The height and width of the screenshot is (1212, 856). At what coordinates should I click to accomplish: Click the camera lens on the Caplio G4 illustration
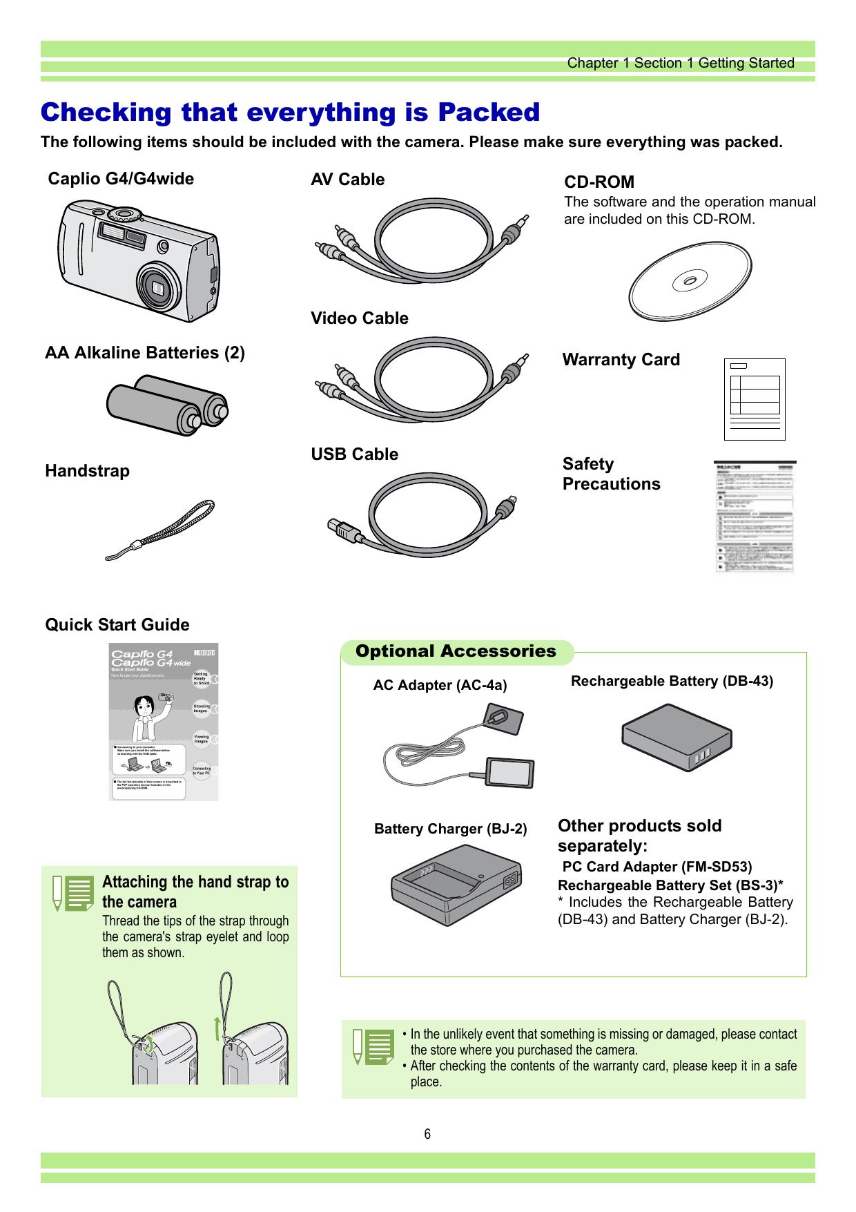pyautogui.click(x=158, y=285)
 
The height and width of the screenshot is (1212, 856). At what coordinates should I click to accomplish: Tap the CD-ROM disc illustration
pyautogui.click(x=690, y=281)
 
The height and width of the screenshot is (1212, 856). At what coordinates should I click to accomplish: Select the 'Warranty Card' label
pyautogui.click(x=621, y=360)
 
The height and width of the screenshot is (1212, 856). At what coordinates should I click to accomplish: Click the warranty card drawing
pyautogui.click(x=755, y=399)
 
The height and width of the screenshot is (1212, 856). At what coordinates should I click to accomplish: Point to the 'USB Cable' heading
pyautogui.click(x=354, y=454)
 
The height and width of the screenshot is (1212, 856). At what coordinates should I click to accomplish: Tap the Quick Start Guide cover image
pyautogui.click(x=164, y=722)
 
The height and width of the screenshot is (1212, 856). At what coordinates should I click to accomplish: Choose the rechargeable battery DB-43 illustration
pyautogui.click(x=677, y=736)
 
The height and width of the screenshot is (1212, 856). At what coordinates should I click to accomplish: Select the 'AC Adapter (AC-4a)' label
pyautogui.click(x=440, y=685)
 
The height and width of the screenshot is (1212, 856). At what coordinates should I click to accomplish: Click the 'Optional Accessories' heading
pyautogui.click(x=456, y=651)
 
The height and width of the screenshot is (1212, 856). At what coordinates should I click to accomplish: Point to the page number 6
pyautogui.click(x=428, y=1134)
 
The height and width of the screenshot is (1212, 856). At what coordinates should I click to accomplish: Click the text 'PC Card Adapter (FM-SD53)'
pyautogui.click(x=657, y=867)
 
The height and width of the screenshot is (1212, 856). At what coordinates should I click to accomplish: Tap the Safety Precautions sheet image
pyautogui.click(x=755, y=517)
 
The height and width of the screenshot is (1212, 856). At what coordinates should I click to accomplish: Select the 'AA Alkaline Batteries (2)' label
pyautogui.click(x=145, y=353)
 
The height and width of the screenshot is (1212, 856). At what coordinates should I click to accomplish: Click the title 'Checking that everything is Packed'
pyautogui.click(x=290, y=112)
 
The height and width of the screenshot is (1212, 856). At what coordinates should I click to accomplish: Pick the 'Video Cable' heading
pyautogui.click(x=359, y=318)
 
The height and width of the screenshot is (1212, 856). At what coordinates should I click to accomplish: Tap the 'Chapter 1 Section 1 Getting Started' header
pyautogui.click(x=680, y=64)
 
